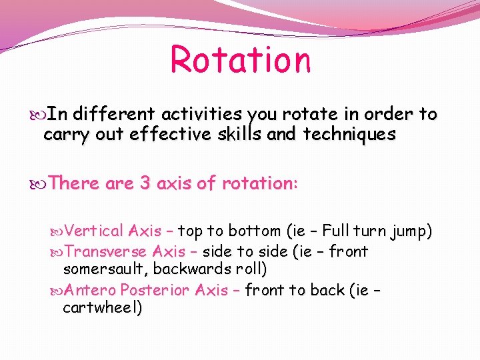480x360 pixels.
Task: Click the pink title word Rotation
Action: pos(241,59)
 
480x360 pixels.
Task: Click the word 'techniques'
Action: pos(349,134)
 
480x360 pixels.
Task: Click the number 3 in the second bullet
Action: pos(145,183)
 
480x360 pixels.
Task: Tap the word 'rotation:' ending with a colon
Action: pos(259,183)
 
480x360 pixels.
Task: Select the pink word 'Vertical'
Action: pos(95,231)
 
